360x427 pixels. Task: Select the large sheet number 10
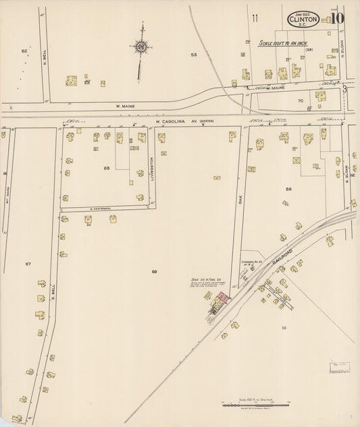click(x=335, y=18)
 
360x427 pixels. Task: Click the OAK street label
click(x=240, y=200)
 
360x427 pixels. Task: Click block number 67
click(x=28, y=263)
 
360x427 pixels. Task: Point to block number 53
click(x=194, y=54)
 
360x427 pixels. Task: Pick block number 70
click(x=301, y=101)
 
